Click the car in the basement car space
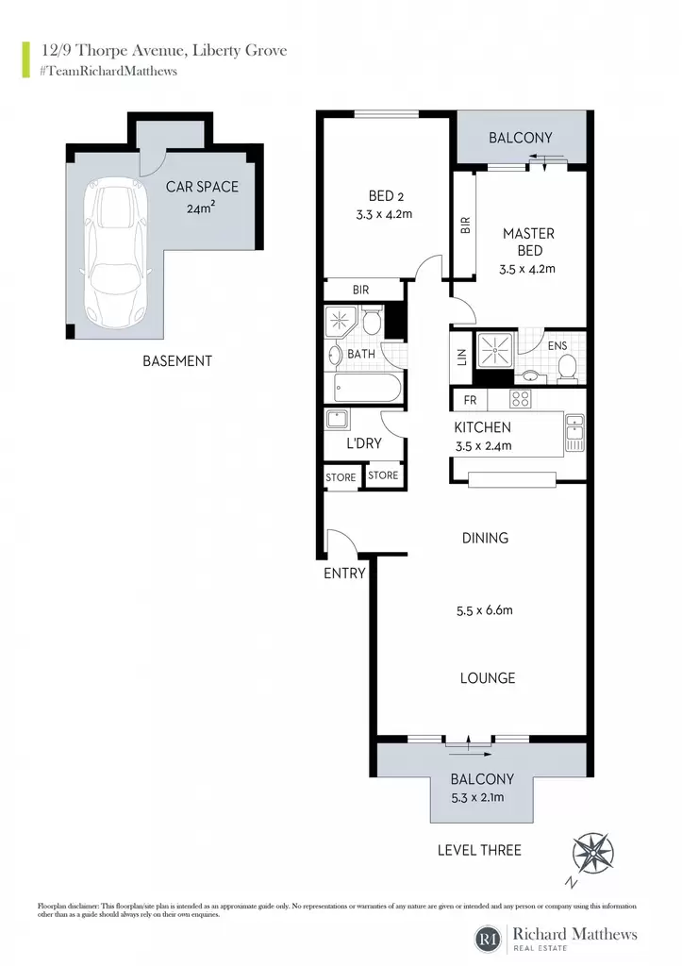tap(115, 254)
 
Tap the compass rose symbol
tap(592, 855)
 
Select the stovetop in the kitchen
tap(520, 399)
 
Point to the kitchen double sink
tap(574, 432)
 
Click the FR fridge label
tap(470, 400)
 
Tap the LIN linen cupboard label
tap(462, 358)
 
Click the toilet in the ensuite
tap(567, 368)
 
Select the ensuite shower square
tap(494, 351)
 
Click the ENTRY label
tap(344, 574)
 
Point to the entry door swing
tap(341, 541)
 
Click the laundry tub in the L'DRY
tap(338, 420)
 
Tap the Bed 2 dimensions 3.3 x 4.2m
tap(384, 215)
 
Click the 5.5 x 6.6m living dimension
tap(484, 610)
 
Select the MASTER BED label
tap(529, 242)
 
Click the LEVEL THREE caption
tap(479, 850)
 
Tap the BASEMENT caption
tap(177, 361)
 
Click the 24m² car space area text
tap(201, 208)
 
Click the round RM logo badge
tap(490, 939)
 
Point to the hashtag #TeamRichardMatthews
tap(108, 71)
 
